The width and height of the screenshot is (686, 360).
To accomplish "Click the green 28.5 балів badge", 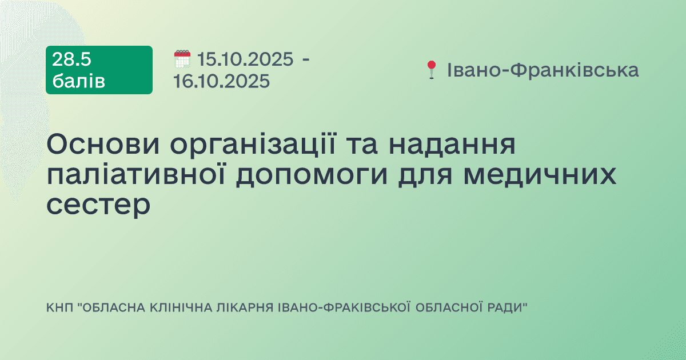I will [99, 70].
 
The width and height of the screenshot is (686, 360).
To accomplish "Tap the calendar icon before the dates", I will [182, 59].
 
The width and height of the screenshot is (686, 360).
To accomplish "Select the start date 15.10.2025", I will [245, 59].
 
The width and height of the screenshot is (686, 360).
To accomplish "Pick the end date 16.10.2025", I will [222, 81].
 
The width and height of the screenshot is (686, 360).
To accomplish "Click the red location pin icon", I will [431, 70].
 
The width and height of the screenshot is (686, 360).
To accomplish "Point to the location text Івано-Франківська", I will [543, 70].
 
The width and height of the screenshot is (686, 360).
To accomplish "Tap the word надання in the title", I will [452, 146].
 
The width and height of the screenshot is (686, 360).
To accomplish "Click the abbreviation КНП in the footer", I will [58, 308].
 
